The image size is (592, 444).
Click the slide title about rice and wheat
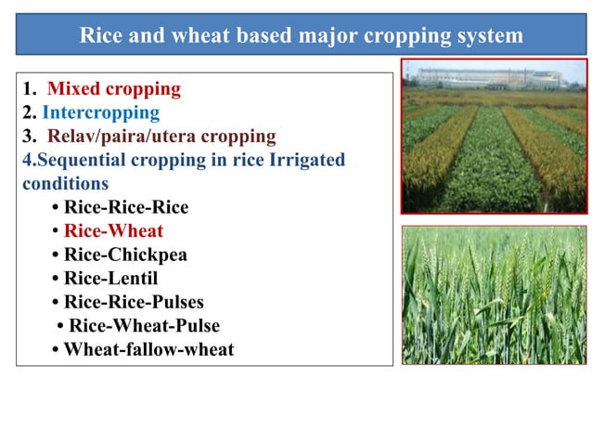[x=301, y=35]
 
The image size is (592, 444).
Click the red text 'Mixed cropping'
[x=113, y=89]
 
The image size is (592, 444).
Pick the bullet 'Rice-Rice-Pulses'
[x=134, y=302]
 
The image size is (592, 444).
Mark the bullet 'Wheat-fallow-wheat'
[x=148, y=350]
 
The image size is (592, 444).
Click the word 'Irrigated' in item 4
[x=307, y=160]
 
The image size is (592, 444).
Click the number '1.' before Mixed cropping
[x=30, y=89]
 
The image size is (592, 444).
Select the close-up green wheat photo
[x=494, y=294]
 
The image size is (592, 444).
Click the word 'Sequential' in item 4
[x=73, y=160]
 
